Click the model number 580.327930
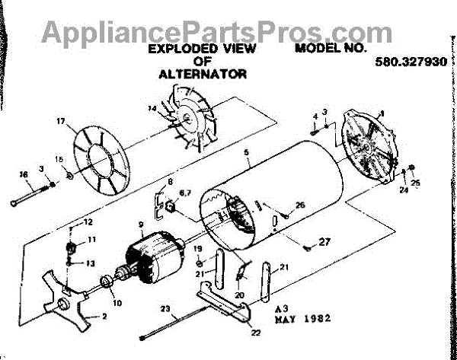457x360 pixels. point(411,65)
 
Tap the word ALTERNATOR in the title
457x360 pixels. point(203,75)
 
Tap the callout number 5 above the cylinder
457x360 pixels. point(246,152)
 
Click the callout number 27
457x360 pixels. point(325,243)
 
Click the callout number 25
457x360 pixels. point(416,183)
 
